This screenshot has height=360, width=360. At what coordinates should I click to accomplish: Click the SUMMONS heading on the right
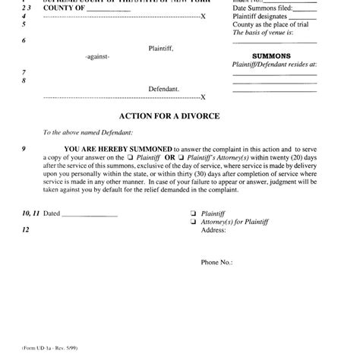click(x=271, y=55)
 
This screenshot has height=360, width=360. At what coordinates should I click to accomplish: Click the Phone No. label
click(x=216, y=262)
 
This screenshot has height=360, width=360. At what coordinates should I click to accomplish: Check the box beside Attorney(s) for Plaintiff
click(x=194, y=221)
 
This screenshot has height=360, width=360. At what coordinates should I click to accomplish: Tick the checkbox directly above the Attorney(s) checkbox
click(x=194, y=213)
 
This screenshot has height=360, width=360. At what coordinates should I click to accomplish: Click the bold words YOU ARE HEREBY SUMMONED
click(x=118, y=149)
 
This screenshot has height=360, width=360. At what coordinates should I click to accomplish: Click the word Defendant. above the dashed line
click(x=164, y=88)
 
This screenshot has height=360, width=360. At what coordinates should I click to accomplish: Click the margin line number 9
click(x=24, y=149)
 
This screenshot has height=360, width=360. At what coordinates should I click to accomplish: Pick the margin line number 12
click(x=26, y=229)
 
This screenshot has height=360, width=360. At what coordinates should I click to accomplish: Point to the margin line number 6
click(x=24, y=41)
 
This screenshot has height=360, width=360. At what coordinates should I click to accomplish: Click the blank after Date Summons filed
click(x=304, y=8)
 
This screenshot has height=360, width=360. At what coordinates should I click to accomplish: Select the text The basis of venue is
click(x=263, y=33)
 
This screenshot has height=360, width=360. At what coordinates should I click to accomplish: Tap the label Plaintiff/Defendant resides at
click(x=274, y=65)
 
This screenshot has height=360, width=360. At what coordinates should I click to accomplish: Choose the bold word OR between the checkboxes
click(x=170, y=158)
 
